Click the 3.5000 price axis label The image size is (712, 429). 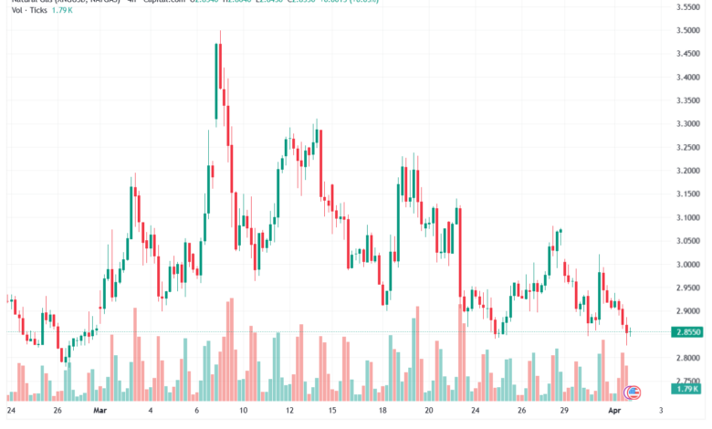pos(687,30)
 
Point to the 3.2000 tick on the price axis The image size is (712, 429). pos(687,171)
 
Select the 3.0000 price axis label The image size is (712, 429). pos(687,264)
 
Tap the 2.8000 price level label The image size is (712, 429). pos(687,358)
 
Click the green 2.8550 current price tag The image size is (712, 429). pos(687,332)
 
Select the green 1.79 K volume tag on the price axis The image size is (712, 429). pos(686,390)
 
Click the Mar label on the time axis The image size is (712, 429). pos(99,411)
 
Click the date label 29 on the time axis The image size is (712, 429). pos(565,411)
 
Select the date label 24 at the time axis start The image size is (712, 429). pos(10,411)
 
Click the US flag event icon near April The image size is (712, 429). pos(631,392)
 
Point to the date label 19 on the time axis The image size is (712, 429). pos(427,411)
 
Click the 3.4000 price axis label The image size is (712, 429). pos(687,77)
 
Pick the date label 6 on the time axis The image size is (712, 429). pos(198,411)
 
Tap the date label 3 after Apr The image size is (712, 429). pos(660,411)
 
